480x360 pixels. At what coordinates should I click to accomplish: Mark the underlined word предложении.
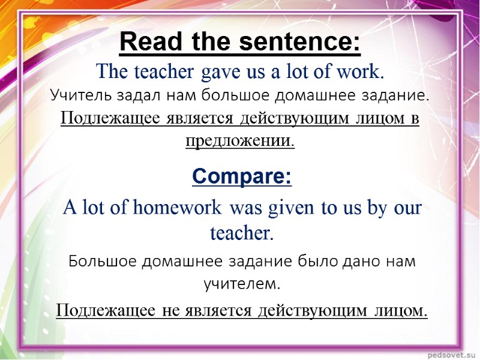point(240,141)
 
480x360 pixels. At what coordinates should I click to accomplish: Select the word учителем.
point(242,284)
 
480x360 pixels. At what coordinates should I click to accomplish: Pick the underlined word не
point(171,310)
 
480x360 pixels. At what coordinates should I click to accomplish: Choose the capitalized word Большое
point(103,262)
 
